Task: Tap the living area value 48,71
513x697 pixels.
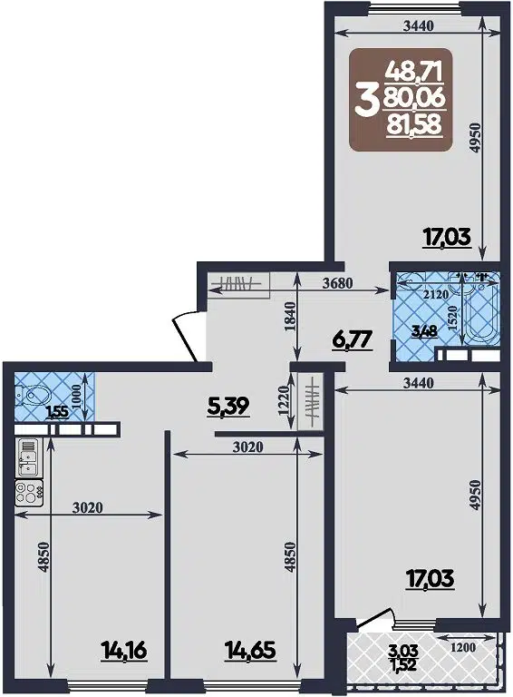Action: click(417, 67)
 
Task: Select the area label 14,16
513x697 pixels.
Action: click(124, 650)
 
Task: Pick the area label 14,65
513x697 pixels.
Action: click(250, 650)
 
